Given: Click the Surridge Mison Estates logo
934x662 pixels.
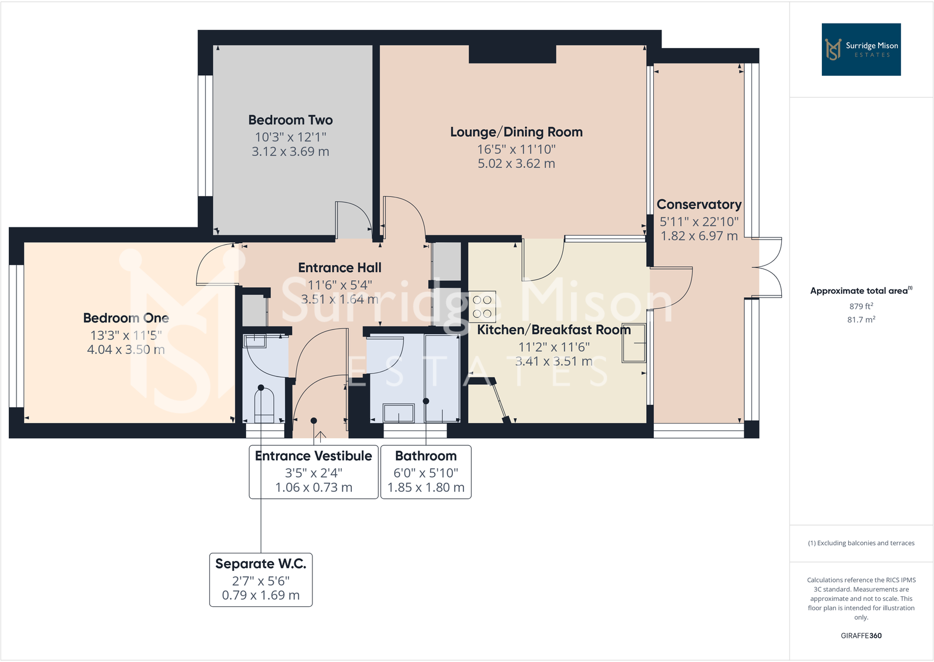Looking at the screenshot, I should click(x=861, y=49).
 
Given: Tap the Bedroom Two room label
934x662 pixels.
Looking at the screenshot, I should click(x=290, y=120).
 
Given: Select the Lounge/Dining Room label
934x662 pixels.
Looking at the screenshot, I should click(x=516, y=132).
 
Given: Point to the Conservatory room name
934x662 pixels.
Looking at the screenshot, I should click(x=698, y=204).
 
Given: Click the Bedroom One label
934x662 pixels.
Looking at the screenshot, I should click(x=126, y=318).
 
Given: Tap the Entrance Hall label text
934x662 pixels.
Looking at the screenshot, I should click(x=340, y=268).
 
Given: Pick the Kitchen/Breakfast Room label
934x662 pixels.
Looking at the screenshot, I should click(x=553, y=330).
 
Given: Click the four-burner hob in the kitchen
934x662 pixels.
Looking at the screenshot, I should click(x=482, y=306).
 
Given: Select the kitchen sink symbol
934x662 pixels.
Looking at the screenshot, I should click(x=634, y=343).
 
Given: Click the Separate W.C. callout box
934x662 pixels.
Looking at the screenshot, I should click(x=261, y=579).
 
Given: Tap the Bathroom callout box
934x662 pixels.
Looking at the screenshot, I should click(x=426, y=472).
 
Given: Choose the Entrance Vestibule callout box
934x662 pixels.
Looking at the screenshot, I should click(x=313, y=472).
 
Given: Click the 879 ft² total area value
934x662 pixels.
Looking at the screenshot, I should click(x=861, y=306).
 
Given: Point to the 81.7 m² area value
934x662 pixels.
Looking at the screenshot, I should click(x=861, y=320).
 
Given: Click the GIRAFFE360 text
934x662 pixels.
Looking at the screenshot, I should click(x=861, y=636).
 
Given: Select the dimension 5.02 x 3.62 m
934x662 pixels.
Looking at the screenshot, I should click(x=516, y=164).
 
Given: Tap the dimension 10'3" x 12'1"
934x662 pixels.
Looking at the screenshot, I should click(x=290, y=137).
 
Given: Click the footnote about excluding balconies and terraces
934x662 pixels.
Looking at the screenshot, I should click(x=861, y=543).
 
